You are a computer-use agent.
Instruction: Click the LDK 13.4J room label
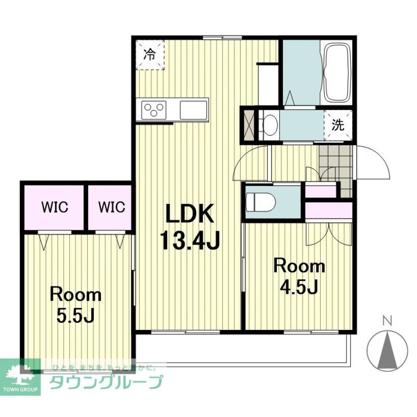coord(189,227)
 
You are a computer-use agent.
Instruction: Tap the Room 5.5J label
coord(76,304)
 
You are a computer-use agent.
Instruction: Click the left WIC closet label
coord(55,207)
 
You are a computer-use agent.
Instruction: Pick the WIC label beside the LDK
coord(112,207)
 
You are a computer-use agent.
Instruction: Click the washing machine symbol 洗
coord(338,125)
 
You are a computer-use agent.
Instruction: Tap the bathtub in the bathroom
coord(337,73)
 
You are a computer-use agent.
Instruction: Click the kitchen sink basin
coord(193,110)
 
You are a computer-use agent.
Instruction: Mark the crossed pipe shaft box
coord(249,125)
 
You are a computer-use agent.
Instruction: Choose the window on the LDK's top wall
coord(222,38)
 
